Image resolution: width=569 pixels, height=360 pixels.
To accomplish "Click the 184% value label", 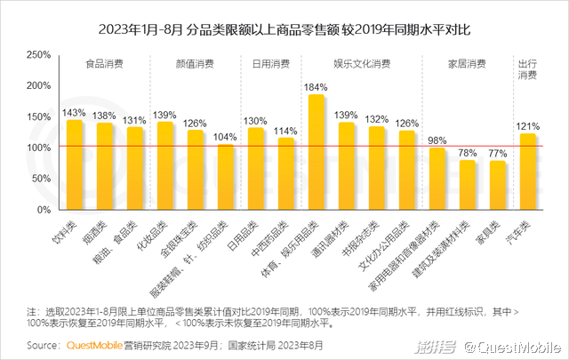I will click(x=316, y=87).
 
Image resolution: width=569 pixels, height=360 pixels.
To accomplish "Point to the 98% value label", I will click(x=437, y=140).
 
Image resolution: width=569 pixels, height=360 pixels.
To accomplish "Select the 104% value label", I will click(x=225, y=137).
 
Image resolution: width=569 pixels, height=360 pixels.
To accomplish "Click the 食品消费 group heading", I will click(x=105, y=65).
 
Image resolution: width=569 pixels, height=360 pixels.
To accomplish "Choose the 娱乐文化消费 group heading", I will click(x=361, y=65).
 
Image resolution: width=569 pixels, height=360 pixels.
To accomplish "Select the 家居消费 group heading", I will click(x=466, y=65).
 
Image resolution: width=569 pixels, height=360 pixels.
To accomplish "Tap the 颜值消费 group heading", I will click(x=195, y=65).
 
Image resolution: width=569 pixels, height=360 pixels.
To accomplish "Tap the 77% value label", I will click(x=497, y=154).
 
